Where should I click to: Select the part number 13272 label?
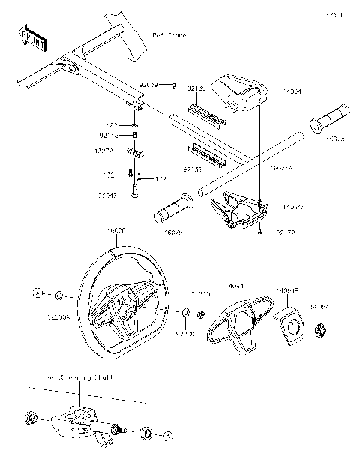tap(124, 150)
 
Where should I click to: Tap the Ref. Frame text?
tap(169, 35)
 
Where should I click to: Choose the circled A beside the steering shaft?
tap(168, 433)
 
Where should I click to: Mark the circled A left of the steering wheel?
tap(37, 292)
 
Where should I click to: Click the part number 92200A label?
tap(58, 318)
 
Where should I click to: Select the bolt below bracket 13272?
tap(135, 190)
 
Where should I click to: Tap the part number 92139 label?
tap(196, 88)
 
